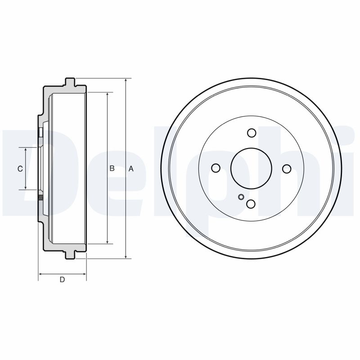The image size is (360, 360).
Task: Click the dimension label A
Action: click(x=131, y=169)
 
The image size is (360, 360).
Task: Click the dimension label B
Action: click(x=112, y=169)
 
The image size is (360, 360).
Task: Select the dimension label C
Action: click(x=20, y=169)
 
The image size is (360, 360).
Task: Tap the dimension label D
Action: click(x=63, y=280)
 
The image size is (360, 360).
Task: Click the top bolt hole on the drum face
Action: click(x=252, y=133)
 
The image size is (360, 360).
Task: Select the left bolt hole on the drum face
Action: click(x=216, y=168)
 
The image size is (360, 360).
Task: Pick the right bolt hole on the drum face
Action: click(x=287, y=168)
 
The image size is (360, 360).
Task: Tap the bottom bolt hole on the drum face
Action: click(x=251, y=204)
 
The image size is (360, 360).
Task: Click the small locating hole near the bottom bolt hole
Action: click(x=241, y=196)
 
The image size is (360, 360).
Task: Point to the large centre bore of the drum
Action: click(x=251, y=168)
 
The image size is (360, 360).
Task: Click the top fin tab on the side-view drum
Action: click(x=70, y=81)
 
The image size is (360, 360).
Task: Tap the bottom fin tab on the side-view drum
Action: click(x=70, y=255)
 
